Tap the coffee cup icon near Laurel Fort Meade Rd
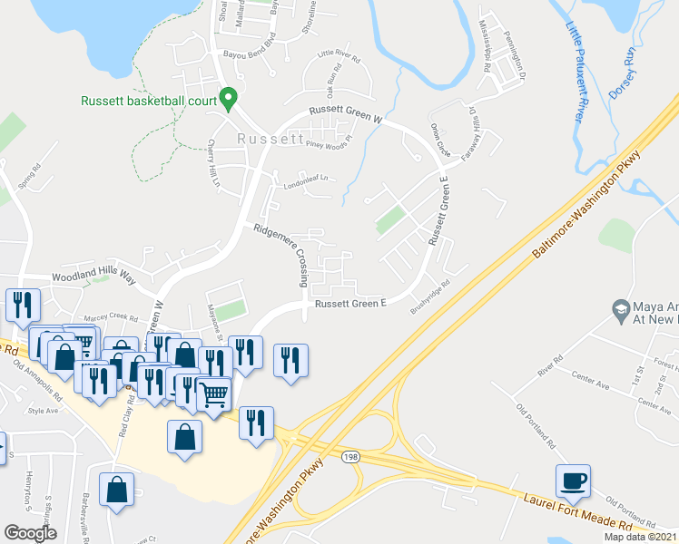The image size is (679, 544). pyautogui.click(x=573, y=481)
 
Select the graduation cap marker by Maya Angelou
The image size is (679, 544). pyautogui.click(x=622, y=308)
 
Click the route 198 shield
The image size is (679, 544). pyautogui.click(x=349, y=459)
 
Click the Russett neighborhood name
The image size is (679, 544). pyautogui.click(x=270, y=140)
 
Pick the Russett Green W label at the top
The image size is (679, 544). pyautogui.click(x=346, y=113)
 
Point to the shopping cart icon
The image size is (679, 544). pyautogui.click(x=214, y=393)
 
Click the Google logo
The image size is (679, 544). pyautogui.click(x=31, y=532)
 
